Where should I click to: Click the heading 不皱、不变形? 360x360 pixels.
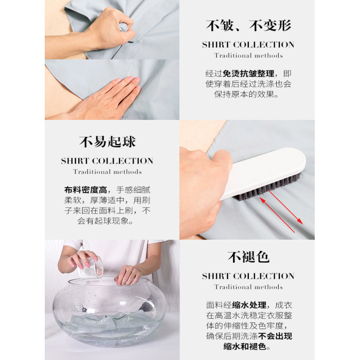tap(248, 25)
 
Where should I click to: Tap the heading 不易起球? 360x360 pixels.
tap(107, 141)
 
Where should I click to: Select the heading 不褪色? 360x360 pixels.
tap(248, 257)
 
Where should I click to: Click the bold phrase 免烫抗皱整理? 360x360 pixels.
tap(248, 74)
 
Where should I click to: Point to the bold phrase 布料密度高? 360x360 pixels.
tap(86, 190)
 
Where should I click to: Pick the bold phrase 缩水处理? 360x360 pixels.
tap(249, 305)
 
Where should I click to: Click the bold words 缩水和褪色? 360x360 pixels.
tap(245, 346)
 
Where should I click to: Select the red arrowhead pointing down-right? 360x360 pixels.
tap(300, 221)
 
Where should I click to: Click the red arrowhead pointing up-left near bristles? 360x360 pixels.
tap(263, 201)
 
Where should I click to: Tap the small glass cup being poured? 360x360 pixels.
tap(90, 267)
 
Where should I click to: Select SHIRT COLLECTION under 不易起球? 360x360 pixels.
tap(107, 161)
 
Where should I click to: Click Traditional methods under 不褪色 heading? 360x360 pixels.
tap(248, 287)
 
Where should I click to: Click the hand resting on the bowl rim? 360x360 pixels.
tap(128, 275)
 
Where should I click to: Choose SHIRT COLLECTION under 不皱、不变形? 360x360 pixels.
tap(248, 45)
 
